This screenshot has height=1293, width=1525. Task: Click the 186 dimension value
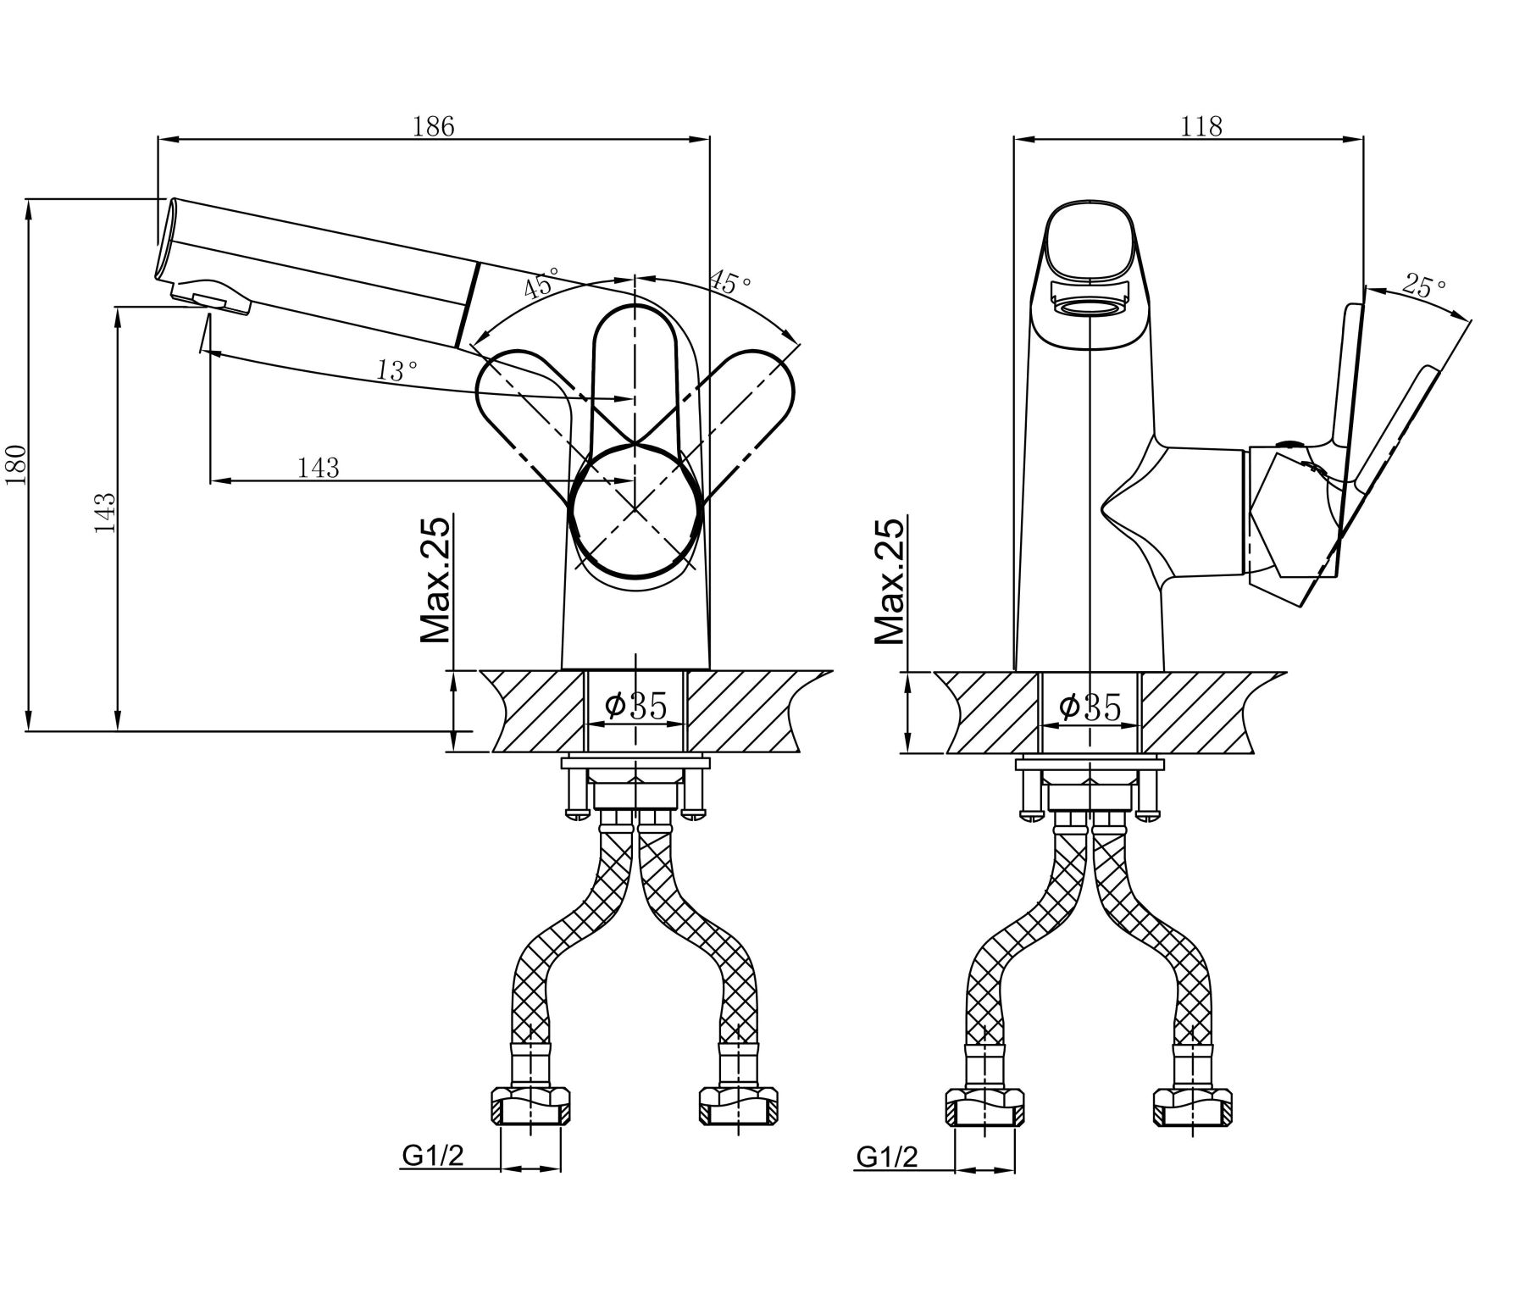click(433, 125)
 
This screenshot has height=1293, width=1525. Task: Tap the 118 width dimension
click(1202, 125)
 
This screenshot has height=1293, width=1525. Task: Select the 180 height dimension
click(19, 465)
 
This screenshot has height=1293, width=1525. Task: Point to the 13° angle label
click(397, 370)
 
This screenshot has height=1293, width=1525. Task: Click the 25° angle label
click(1423, 285)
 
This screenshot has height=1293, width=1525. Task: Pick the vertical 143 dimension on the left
click(105, 512)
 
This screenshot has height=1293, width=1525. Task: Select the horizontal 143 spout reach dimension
click(319, 467)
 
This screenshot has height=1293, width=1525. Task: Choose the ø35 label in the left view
click(636, 705)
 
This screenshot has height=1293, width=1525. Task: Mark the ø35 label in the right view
click(1090, 705)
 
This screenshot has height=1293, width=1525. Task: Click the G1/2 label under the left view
click(433, 1157)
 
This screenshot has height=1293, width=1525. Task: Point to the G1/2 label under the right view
click(887, 1157)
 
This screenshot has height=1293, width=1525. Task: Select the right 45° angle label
click(730, 281)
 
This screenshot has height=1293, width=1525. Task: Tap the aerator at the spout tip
click(212, 298)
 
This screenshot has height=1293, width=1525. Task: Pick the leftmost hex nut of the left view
click(531, 1107)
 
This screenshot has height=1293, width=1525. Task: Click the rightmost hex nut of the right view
click(1192, 1107)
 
